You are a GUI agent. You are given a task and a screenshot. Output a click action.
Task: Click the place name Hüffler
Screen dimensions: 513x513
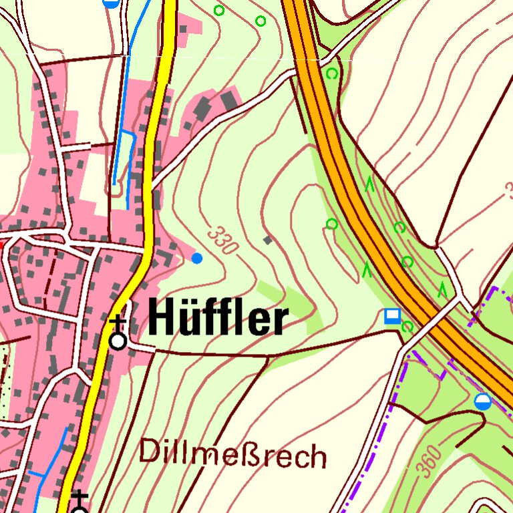[218, 319]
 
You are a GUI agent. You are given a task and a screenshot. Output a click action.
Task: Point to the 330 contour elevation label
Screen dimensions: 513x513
[222, 241]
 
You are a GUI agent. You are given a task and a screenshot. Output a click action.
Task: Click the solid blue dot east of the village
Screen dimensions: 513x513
[196, 258]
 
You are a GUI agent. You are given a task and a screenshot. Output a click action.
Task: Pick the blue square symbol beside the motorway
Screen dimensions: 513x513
[392, 315]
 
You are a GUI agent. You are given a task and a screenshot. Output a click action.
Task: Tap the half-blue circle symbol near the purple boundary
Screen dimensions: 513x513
[482, 401]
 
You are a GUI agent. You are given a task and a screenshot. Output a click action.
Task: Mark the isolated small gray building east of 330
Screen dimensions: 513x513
[268, 240]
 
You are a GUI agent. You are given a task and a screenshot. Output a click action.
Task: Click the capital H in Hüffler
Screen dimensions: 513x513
[162, 318]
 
